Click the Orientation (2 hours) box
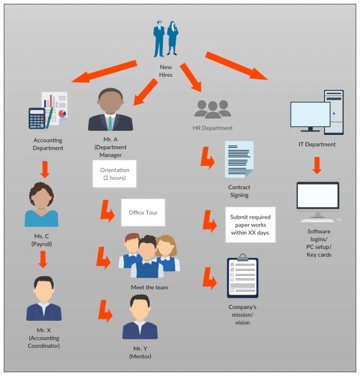tap(114, 174)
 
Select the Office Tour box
tap(143, 213)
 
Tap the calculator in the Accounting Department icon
tap(37, 118)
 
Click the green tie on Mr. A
tap(110, 123)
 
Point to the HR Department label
tap(213, 128)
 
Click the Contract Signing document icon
tap(239, 160)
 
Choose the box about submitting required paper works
tap(250, 225)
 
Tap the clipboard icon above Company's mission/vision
tap(242, 276)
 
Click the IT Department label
tap(317, 144)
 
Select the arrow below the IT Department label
tap(317, 165)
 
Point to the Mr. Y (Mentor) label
tap(140, 353)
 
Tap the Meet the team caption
tap(149, 288)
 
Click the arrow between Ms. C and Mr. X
tap(43, 260)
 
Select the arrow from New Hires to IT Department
tap(236, 66)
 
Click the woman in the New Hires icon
tap(172, 38)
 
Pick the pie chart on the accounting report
tap(62, 113)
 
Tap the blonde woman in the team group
tap(167, 253)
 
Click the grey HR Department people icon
tap(213, 110)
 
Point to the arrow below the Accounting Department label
tap(45, 170)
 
